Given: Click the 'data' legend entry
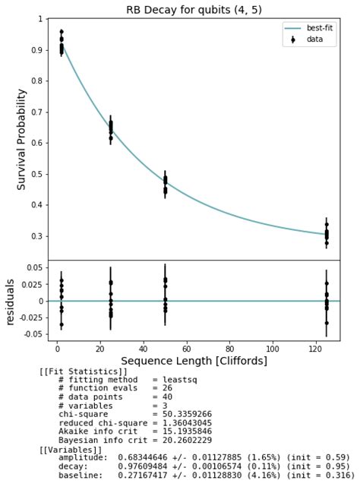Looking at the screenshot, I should (x=314, y=39).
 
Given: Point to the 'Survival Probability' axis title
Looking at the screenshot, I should (x=21, y=139).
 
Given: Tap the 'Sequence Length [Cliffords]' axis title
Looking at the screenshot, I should (x=194, y=360).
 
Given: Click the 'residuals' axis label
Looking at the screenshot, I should (x=11, y=302).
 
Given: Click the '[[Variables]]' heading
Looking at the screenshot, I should (x=69, y=450).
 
